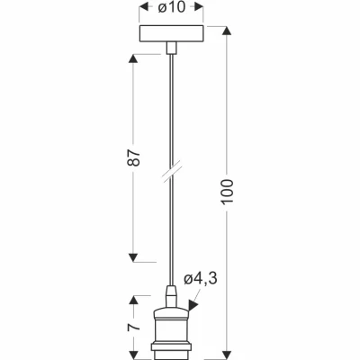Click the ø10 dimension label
pos(171,7)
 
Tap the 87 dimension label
pos(134,157)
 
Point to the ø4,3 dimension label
pos(200,279)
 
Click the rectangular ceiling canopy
pos(171,34)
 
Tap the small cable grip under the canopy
pos(171,48)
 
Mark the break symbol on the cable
pos(171,173)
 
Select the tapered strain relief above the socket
pos(171,297)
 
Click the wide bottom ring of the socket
pos(171,347)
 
